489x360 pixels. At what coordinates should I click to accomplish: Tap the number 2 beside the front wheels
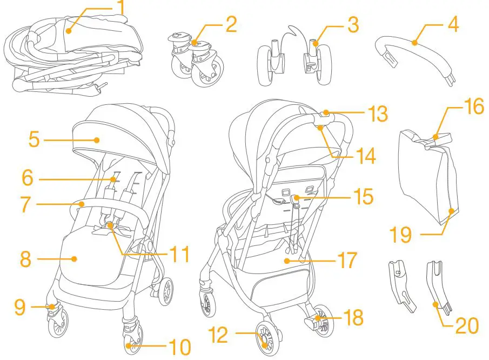[x=231, y=25]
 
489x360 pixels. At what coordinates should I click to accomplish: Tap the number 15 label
[x=364, y=197]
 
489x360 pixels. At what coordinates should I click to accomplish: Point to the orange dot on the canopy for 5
[x=97, y=139]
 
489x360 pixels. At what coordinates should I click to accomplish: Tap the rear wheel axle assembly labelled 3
[x=294, y=59]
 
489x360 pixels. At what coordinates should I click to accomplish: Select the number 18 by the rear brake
[x=354, y=318]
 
